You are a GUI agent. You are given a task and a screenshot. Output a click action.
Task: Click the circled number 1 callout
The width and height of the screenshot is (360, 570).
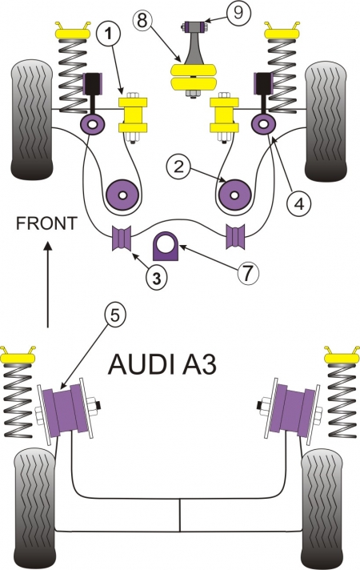(108, 34)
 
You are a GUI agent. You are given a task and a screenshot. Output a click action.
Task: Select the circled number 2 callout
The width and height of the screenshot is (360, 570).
(178, 167)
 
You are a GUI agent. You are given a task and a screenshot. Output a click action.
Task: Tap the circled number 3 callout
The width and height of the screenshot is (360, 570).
(157, 279)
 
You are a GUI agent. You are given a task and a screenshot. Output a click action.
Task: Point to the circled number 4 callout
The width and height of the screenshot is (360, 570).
(299, 204)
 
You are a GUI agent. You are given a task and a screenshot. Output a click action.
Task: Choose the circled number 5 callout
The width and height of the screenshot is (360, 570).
(114, 315)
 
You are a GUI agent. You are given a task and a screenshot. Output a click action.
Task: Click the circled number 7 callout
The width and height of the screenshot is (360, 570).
(248, 273)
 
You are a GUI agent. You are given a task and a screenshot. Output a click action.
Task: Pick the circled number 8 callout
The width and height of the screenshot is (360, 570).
(142, 21)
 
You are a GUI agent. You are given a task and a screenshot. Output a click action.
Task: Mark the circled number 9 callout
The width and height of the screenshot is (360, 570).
(238, 13)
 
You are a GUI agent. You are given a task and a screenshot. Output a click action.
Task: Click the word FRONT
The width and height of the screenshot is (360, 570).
(46, 223)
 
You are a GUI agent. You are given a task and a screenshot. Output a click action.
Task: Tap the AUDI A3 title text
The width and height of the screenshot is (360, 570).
(162, 364)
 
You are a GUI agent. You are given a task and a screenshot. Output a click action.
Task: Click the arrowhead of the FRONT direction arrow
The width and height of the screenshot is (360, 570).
(47, 246)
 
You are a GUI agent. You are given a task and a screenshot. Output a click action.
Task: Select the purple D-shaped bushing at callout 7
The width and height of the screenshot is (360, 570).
(166, 246)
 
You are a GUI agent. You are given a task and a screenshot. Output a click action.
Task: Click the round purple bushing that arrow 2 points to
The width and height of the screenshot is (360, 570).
(235, 195)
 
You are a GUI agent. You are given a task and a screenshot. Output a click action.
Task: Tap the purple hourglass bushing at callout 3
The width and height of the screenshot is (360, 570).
(122, 238)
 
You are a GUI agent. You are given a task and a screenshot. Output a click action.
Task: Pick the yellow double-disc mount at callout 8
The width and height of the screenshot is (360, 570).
(198, 76)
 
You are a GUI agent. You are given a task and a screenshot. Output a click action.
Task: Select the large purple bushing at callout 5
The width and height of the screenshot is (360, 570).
(67, 411)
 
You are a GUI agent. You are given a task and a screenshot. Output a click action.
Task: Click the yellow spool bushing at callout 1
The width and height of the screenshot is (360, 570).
(133, 114)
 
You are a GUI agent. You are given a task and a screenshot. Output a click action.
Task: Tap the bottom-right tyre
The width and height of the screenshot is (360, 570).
(322, 509)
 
